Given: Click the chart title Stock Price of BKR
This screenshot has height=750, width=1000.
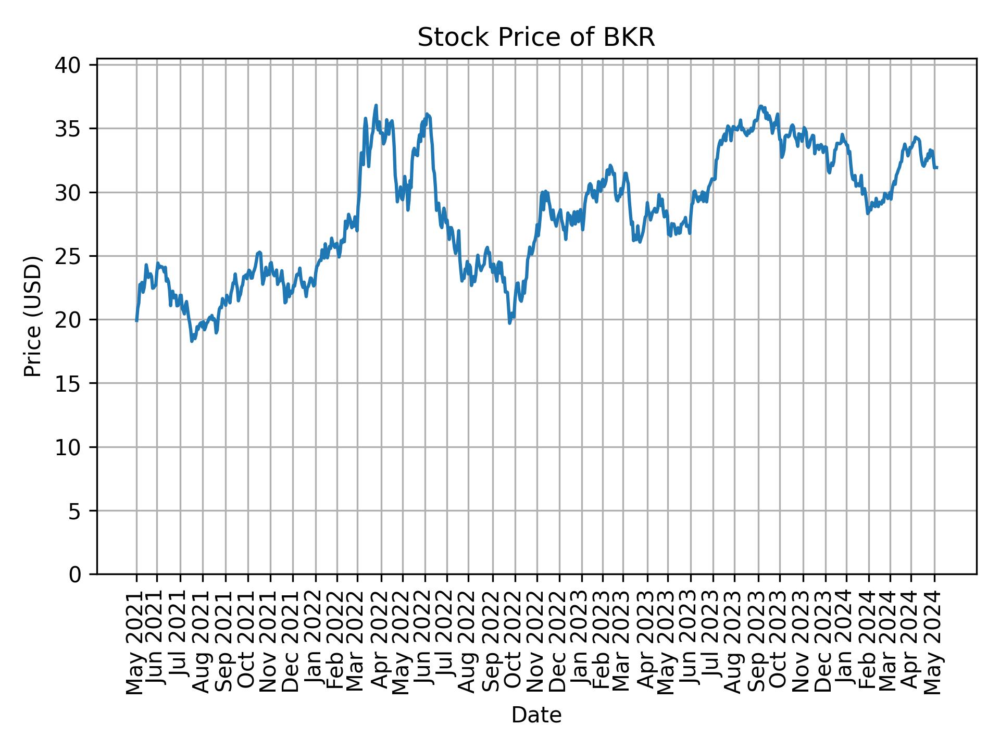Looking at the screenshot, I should [x=536, y=38].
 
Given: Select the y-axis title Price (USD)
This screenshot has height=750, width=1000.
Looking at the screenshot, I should [x=33, y=316].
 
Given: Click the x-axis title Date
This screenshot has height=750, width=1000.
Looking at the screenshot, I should [x=536, y=716].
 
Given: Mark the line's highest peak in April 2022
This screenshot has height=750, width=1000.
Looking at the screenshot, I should [x=376, y=105].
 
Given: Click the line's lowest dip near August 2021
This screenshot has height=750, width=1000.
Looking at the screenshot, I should [x=192, y=342].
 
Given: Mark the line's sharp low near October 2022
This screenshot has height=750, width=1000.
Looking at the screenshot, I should [x=509, y=323].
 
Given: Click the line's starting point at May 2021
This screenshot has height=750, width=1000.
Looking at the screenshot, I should [x=136, y=321].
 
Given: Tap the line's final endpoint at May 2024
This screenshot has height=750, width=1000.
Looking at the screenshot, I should [x=937, y=167].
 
